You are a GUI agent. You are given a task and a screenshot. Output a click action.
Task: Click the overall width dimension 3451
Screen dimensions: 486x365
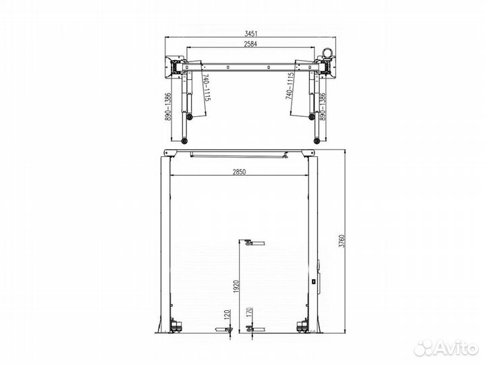tap(251, 33)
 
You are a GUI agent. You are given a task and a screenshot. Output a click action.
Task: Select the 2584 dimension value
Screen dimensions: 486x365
tap(250, 44)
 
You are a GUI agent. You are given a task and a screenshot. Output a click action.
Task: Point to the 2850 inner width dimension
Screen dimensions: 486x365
tap(239, 172)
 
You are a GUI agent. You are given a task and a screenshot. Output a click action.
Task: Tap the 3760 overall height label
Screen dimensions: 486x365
tap(342, 241)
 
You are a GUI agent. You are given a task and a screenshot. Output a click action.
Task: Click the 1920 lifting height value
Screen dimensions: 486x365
tap(237, 287)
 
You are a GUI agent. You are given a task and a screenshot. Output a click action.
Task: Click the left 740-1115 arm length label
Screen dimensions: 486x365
tap(207, 87)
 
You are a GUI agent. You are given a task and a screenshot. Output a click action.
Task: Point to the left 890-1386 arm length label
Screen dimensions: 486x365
tap(168, 107)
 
